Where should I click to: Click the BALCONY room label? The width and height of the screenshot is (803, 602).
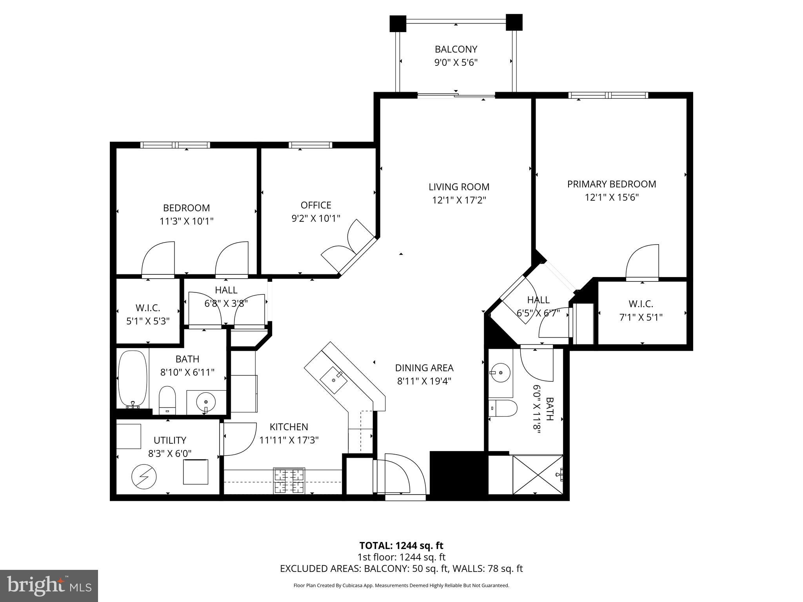click(456, 49)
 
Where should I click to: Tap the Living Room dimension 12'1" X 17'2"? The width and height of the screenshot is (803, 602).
click(459, 200)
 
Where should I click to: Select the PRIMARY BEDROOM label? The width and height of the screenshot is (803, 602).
click(611, 184)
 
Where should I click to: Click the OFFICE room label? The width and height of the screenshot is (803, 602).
click(316, 205)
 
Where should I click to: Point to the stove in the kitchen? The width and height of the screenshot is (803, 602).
click(289, 481)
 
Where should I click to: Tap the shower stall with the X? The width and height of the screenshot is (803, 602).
click(537, 475)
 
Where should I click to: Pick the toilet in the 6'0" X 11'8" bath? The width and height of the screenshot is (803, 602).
click(503, 408)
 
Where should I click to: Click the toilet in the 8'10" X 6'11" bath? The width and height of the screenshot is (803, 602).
click(167, 399)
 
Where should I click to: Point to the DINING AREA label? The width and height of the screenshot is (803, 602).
click(424, 368)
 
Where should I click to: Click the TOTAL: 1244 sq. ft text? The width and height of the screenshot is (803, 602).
click(401, 546)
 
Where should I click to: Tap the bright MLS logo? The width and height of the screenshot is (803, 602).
click(49, 586)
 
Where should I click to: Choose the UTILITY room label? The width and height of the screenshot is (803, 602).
click(170, 440)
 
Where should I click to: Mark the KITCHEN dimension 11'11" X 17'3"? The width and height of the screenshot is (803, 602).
click(289, 440)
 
